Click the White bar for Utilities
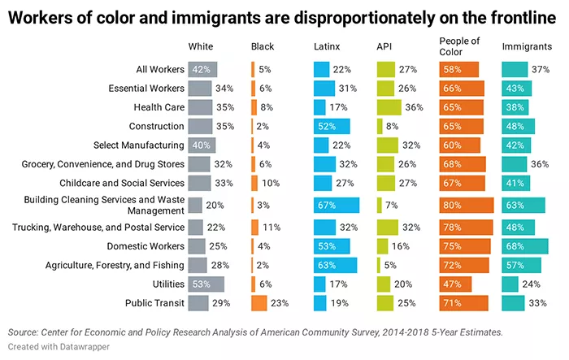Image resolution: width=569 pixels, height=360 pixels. click(x=206, y=283)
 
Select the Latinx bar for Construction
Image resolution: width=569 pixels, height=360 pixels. click(x=332, y=126)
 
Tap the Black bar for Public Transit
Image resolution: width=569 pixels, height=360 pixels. click(x=259, y=302)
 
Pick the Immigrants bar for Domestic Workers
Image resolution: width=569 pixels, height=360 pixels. click(x=519, y=245)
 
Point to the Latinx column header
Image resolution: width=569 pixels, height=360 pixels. click(x=327, y=46)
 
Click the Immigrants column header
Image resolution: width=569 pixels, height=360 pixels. click(x=527, y=46)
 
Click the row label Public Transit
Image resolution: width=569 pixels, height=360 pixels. click(x=153, y=303)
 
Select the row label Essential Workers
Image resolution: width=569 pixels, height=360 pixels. click(x=143, y=87)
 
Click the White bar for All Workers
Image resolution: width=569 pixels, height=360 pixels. click(x=202, y=69)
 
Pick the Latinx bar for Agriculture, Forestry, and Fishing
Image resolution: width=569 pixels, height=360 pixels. click(x=335, y=264)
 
